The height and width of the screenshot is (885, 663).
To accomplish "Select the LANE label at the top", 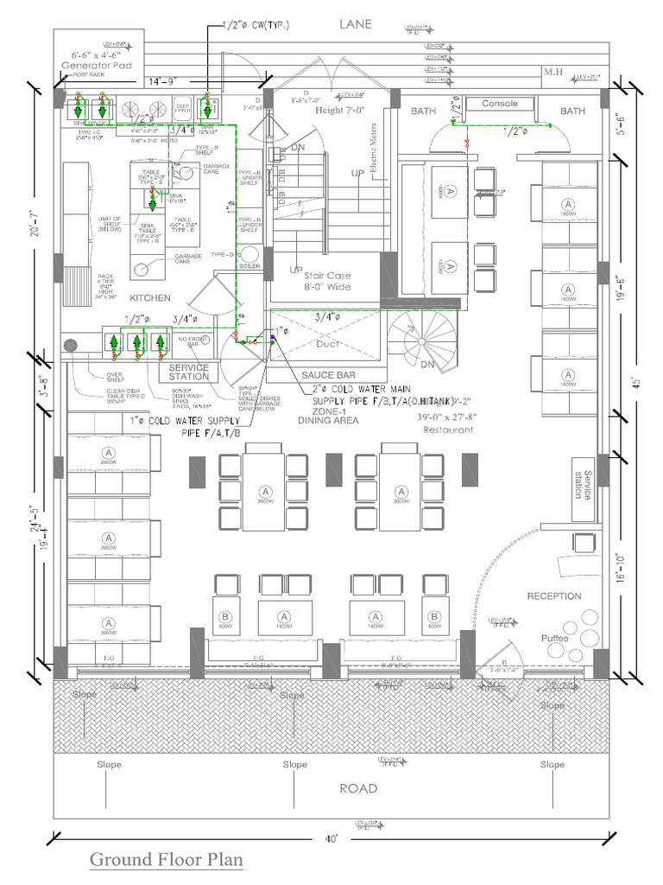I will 354,24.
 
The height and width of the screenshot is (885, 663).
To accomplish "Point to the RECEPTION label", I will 554,596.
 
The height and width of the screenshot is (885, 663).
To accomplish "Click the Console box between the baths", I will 500,105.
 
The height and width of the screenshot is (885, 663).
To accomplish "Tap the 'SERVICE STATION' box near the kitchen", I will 189,371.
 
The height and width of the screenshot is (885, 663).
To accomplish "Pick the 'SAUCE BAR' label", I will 328,375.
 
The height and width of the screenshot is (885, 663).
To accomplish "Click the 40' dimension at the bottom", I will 332,838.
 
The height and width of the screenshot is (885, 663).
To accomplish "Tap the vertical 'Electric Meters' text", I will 374,152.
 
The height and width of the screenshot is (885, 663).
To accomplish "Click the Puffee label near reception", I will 555,638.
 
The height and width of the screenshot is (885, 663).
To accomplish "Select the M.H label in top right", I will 553,72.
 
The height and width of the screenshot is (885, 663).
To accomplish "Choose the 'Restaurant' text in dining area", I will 446,430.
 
